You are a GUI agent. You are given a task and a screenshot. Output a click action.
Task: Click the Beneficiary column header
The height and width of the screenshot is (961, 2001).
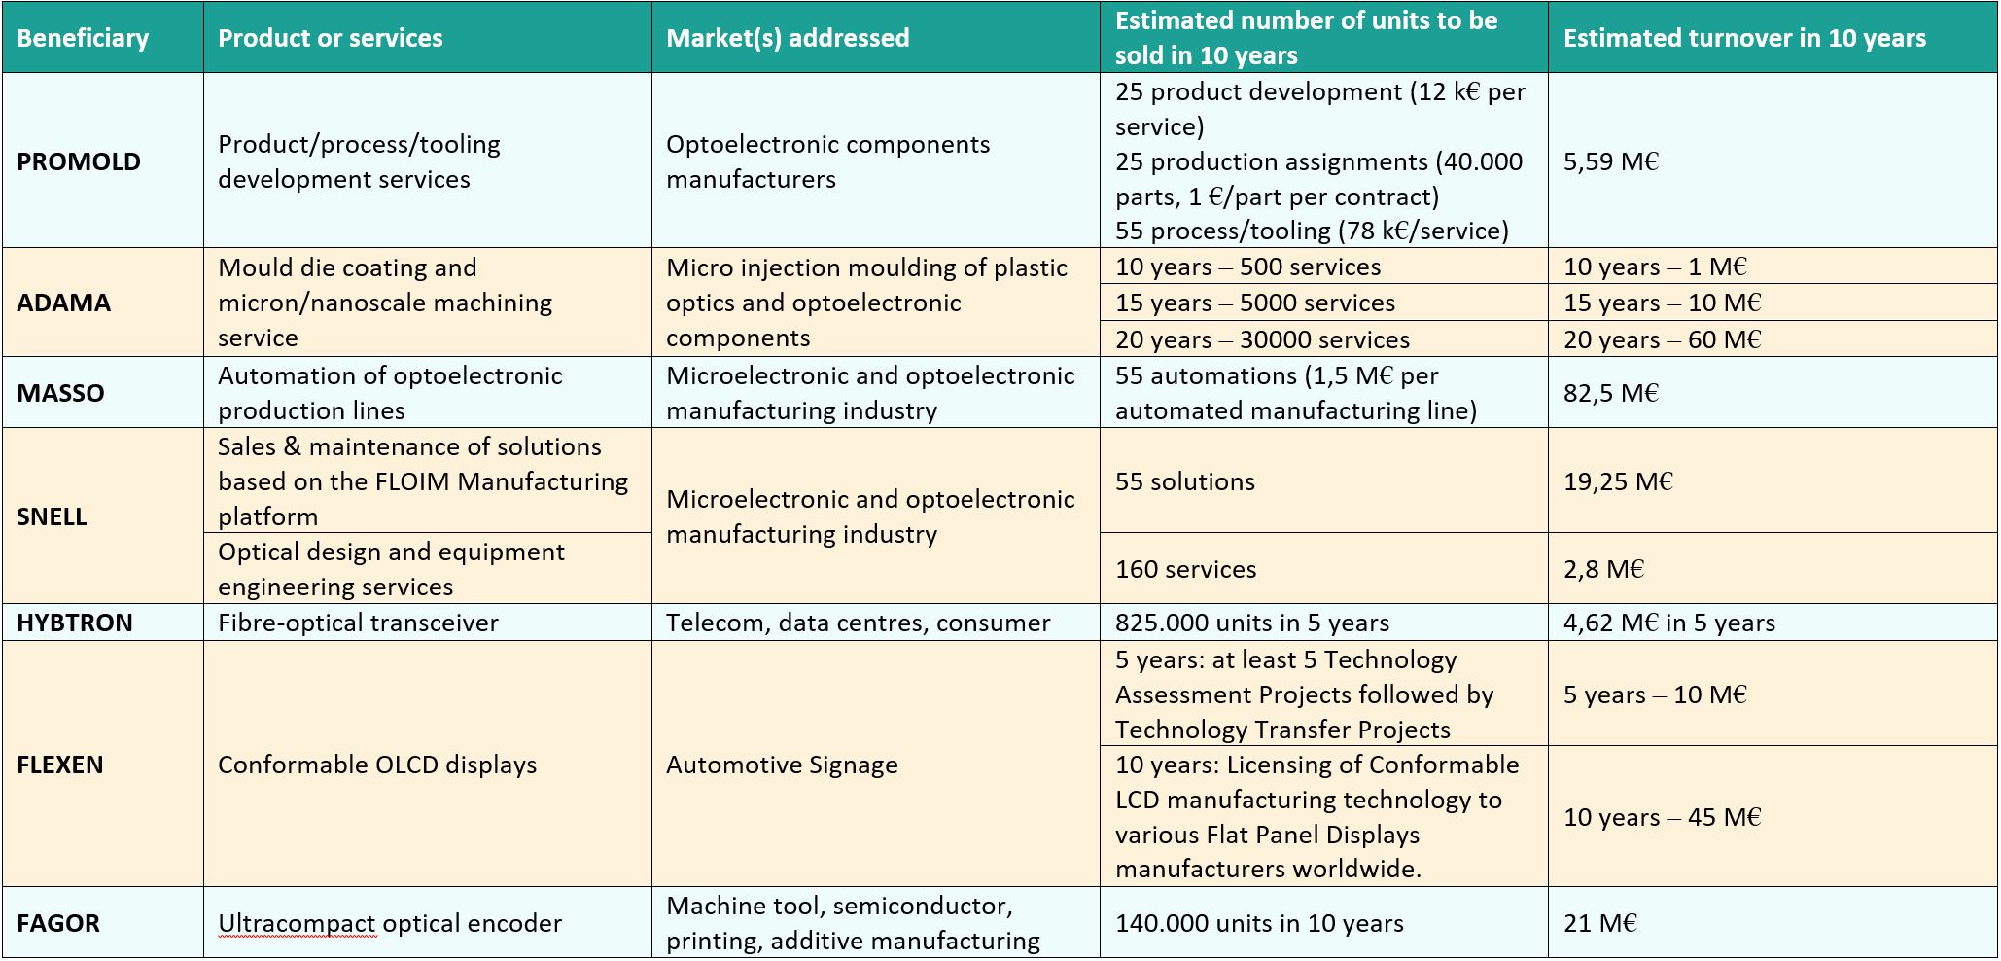pyautogui.click(x=83, y=38)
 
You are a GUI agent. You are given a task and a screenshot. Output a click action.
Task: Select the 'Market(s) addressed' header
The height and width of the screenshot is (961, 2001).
pyautogui.click(x=788, y=38)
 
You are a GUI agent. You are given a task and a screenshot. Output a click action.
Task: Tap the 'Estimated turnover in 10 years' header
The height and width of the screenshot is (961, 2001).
pyautogui.click(x=1744, y=38)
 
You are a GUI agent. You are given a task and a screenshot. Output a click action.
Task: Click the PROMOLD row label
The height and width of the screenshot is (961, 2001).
pyautogui.click(x=79, y=161)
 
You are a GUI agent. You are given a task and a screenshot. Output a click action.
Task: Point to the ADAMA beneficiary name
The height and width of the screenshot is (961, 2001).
pyautogui.click(x=63, y=303)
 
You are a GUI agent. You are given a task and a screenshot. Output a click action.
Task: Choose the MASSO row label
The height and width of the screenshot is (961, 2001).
pyautogui.click(x=60, y=393)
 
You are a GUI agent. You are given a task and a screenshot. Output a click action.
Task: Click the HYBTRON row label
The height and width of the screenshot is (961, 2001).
pyautogui.click(x=75, y=623)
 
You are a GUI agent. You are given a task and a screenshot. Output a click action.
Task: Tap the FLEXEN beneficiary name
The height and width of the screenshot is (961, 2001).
pyautogui.click(x=60, y=765)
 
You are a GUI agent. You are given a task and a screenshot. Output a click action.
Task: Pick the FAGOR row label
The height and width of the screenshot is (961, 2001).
pyautogui.click(x=58, y=923)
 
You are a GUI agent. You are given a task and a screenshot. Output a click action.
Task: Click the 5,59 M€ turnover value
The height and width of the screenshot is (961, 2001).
pyautogui.click(x=1611, y=161)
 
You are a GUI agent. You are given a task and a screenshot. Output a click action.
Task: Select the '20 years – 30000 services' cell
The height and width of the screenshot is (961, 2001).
pyautogui.click(x=1262, y=339)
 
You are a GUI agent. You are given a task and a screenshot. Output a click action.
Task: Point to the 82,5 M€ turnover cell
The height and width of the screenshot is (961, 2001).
pyautogui.click(x=1611, y=393)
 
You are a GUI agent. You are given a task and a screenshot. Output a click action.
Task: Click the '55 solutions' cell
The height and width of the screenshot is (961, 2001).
pyautogui.click(x=1185, y=481)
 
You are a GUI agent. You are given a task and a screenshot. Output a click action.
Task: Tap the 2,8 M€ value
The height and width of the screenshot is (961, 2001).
pyautogui.click(x=1603, y=569)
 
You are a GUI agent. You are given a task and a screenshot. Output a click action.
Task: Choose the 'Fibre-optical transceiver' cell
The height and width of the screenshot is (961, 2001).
pyautogui.click(x=358, y=623)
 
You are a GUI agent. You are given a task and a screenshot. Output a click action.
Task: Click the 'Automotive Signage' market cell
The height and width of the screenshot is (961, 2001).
pyautogui.click(x=782, y=765)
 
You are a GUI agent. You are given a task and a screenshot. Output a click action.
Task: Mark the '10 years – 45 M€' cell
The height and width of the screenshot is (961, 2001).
pyautogui.click(x=1663, y=817)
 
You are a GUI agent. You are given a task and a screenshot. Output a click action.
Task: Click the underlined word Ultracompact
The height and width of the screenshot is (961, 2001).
pyautogui.click(x=297, y=924)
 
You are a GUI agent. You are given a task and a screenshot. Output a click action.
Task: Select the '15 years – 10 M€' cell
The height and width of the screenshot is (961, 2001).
pyautogui.click(x=1663, y=303)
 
